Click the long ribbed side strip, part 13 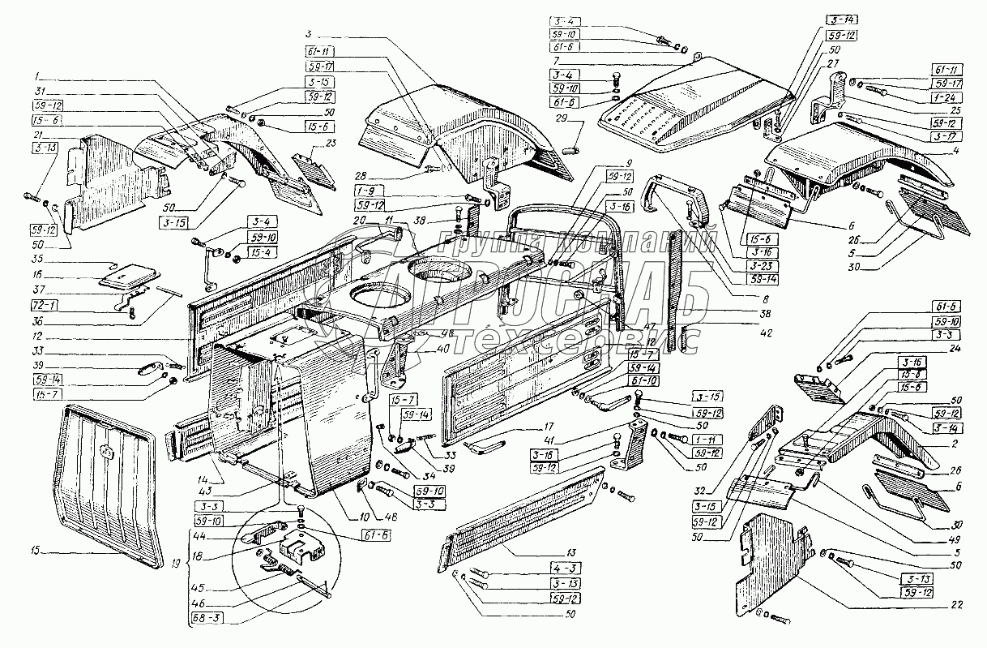(x=519, y=515)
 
